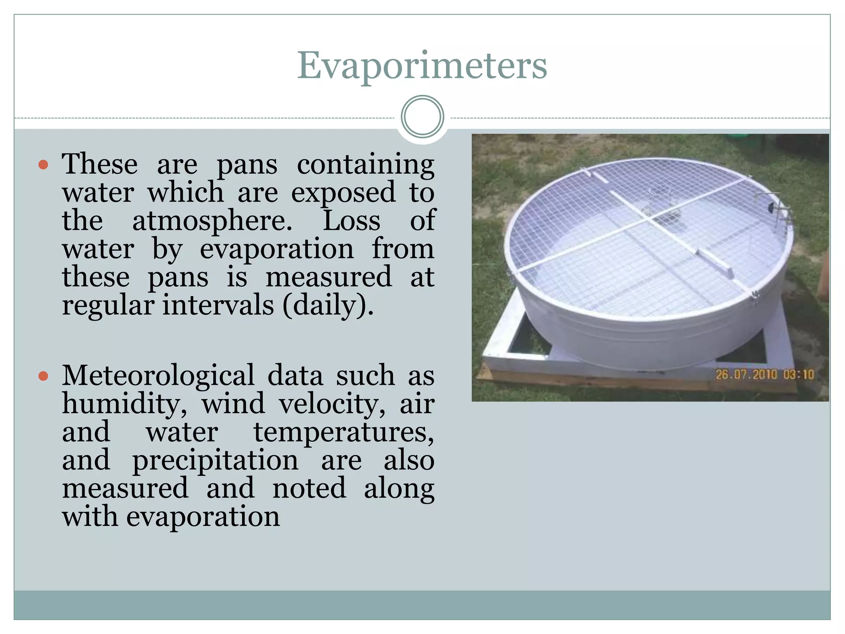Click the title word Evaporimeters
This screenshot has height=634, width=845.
(422, 66)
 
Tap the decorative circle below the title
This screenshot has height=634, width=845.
(422, 117)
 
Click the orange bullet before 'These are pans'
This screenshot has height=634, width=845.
(43, 166)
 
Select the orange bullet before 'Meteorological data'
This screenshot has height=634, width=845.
(43, 376)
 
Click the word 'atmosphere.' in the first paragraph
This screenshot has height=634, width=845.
(212, 221)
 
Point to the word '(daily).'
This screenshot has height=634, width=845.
(328, 306)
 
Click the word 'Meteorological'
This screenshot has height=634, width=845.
(158, 376)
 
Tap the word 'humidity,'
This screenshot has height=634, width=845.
(124, 404)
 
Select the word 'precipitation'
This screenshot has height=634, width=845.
(215, 461)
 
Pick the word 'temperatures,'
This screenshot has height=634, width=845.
(344, 433)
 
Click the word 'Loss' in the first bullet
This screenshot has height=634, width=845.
(351, 221)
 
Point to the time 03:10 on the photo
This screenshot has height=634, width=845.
(798, 375)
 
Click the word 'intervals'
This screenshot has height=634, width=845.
(218, 306)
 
